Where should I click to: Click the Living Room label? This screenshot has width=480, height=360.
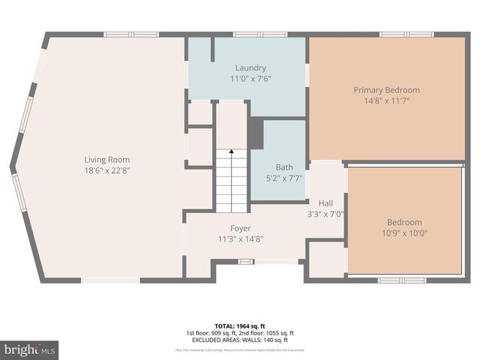[107, 159]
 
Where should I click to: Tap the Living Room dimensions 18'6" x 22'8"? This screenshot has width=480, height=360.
[107, 169]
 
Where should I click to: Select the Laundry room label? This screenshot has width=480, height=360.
[250, 67]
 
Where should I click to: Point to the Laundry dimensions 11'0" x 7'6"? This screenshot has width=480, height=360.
[250, 78]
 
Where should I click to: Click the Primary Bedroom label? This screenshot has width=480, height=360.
[386, 90]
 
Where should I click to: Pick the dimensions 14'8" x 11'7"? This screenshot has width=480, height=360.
[386, 100]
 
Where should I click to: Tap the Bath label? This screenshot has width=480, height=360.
[284, 167]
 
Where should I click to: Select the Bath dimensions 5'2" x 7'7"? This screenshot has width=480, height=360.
[284, 178]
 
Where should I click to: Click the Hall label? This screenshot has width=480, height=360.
[325, 202]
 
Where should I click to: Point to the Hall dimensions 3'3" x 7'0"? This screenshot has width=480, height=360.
[325, 213]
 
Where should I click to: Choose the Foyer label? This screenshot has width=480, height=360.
[240, 228]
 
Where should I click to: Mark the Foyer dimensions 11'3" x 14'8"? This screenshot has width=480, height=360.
[240, 238]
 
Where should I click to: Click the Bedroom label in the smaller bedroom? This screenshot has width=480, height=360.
[404, 222]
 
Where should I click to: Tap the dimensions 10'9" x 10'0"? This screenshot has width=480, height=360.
[404, 232]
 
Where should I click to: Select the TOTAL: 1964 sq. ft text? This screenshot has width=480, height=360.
[240, 325]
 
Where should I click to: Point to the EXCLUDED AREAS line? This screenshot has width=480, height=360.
[240, 340]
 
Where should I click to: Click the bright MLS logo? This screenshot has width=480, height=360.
[30, 349]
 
